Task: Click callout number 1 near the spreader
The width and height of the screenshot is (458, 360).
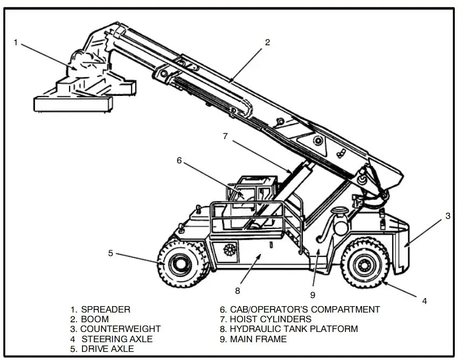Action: coord(17,43)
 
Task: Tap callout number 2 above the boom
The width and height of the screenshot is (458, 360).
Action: coord(267,42)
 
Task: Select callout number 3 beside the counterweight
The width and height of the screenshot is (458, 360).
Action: coord(447,216)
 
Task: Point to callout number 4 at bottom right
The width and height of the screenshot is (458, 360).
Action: coord(424,301)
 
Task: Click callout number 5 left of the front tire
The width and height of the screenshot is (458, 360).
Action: coord(110,253)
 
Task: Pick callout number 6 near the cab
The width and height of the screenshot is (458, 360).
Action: coord(179,160)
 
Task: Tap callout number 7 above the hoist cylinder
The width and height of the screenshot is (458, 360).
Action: coord(226,136)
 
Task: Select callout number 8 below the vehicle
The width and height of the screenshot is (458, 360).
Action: coord(237,291)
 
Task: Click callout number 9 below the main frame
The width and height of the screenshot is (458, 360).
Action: coord(312,294)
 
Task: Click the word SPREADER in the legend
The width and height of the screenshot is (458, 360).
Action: coord(105,309)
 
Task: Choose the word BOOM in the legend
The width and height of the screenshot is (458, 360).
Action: coord(94,319)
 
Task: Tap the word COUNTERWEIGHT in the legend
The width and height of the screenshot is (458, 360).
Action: coord(120,329)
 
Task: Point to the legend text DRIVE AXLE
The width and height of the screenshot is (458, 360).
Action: coord(107,349)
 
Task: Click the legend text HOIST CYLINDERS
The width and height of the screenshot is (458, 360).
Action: coord(270,319)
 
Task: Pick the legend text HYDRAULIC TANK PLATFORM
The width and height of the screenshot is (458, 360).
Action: coord(294,329)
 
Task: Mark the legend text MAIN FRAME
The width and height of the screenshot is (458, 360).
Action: coord(258,339)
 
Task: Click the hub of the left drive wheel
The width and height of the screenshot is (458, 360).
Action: coord(177,264)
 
